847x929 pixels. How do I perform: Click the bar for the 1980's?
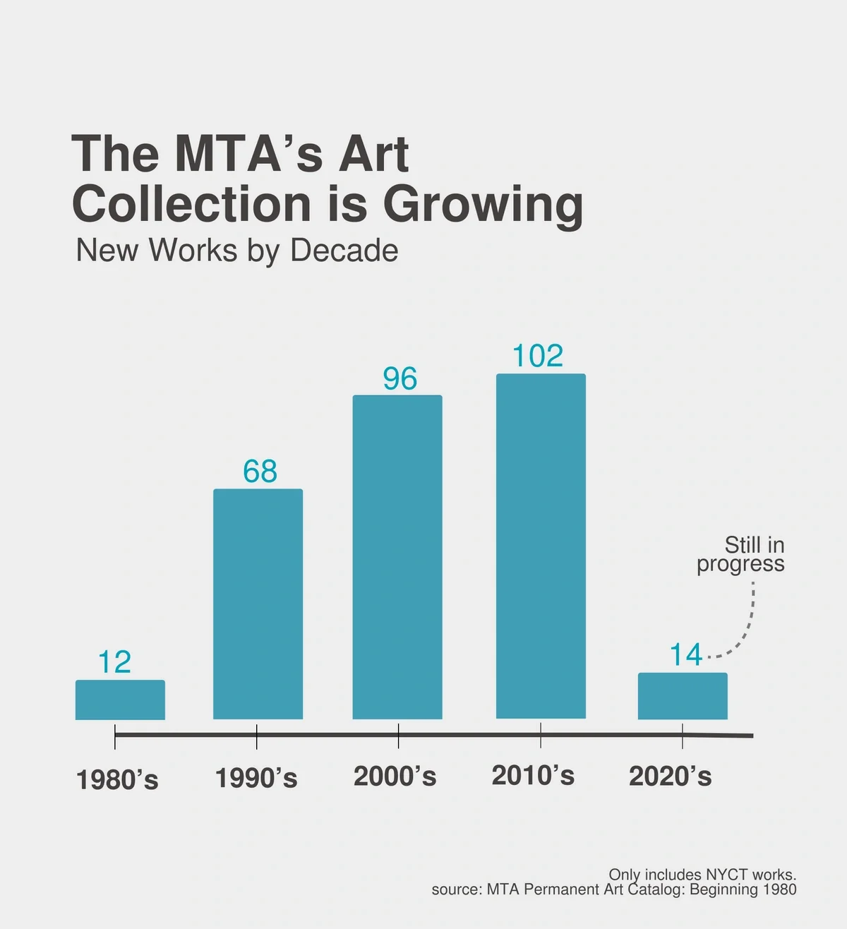pyautogui.click(x=120, y=700)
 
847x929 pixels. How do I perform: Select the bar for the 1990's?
pyautogui.click(x=258, y=604)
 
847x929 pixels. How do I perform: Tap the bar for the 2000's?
pyautogui.click(x=397, y=557)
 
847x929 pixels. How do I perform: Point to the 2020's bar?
pyautogui.click(x=683, y=696)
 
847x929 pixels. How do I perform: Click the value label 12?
pyautogui.click(x=114, y=662)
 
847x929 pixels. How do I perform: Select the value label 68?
pyautogui.click(x=260, y=472)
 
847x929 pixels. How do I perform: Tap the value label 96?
pyautogui.click(x=400, y=379)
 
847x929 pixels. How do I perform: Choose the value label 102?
pyautogui.click(x=538, y=356)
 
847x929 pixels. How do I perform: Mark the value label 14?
pyautogui.click(x=685, y=655)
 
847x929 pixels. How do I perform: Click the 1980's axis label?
pyautogui.click(x=117, y=780)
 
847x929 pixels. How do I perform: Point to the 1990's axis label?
pyautogui.click(x=256, y=778)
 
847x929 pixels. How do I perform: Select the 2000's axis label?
pyautogui.click(x=395, y=777)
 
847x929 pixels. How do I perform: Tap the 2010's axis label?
pyautogui.click(x=533, y=775)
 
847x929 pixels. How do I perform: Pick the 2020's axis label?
pyautogui.click(x=671, y=777)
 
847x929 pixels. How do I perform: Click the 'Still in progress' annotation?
pyautogui.click(x=741, y=554)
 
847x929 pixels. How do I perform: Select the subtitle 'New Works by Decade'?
pyautogui.click(x=237, y=251)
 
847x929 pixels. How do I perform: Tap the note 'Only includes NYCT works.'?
pyautogui.click(x=702, y=875)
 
